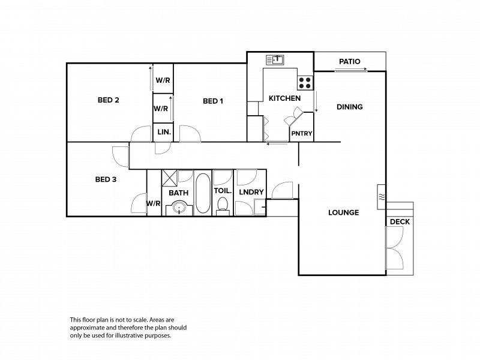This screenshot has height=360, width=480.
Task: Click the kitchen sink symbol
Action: click(275, 59)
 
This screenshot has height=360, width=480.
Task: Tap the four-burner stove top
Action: click(305, 83)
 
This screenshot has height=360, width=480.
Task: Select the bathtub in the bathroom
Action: click(203, 193)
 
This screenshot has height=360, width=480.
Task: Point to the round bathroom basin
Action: click(179, 208)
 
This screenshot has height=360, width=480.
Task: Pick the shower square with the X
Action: click(169, 178)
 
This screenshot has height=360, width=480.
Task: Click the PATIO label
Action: click(350, 62)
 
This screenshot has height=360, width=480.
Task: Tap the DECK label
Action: click(400, 221)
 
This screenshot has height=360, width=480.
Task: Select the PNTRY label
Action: click(302, 133)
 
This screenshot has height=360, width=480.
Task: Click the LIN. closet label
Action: click(164, 132)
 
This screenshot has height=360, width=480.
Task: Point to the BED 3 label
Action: click(106, 179)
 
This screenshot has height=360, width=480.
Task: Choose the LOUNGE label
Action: click(343, 212)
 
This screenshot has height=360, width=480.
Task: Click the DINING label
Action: click(350, 107)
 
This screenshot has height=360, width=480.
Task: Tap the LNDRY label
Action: click(251, 192)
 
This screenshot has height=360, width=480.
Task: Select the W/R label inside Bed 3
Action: click(154, 203)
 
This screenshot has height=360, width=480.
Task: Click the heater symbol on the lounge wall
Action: click(381, 197)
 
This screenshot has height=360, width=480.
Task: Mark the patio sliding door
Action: click(351, 71)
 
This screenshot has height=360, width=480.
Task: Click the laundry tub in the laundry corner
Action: click(260, 207)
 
